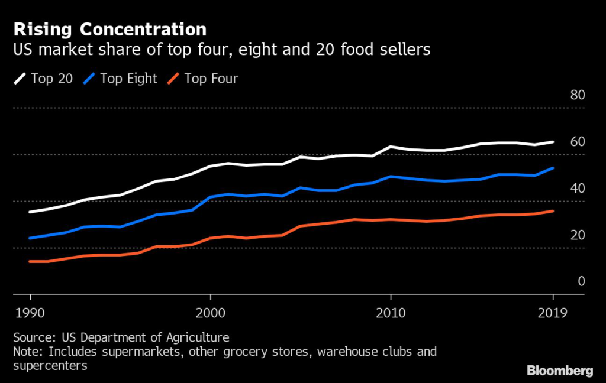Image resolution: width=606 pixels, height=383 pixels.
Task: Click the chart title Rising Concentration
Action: [109, 29]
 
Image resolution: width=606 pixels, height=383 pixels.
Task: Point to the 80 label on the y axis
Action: [576, 95]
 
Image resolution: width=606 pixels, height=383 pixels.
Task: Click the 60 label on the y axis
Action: [576, 142]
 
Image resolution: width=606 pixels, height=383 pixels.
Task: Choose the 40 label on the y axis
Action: [576, 188]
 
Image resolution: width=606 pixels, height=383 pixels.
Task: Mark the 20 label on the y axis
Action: [576, 235]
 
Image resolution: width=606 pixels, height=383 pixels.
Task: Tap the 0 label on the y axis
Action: [581, 281]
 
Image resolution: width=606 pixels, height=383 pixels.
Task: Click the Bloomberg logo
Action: [559, 371]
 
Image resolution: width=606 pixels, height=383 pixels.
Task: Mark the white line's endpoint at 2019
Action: [553, 142]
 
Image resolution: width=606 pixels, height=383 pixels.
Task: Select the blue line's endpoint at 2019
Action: [553, 168]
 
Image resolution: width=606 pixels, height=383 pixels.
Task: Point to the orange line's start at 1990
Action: [30, 261]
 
